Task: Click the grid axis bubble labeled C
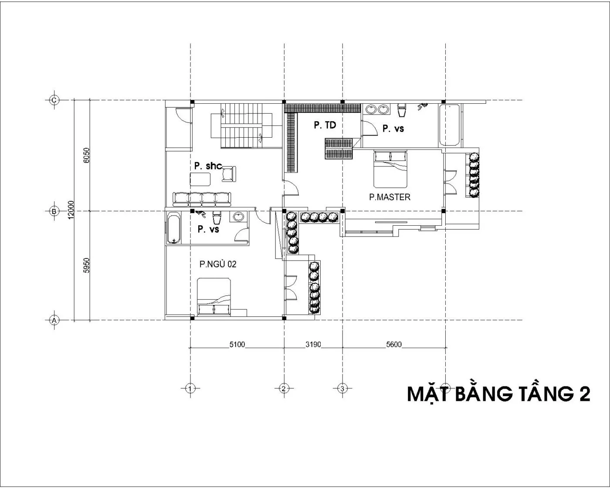point(54,100)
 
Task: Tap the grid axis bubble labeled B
point(54,211)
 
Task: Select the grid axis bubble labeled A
point(54,320)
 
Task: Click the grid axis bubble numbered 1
point(190,388)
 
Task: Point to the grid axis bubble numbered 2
point(284,388)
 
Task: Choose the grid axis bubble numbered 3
point(342,388)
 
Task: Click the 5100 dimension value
point(237,345)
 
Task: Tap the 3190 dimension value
point(313,345)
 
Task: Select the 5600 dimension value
point(394,345)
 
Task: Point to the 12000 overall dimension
point(71,210)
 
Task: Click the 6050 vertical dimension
point(86,156)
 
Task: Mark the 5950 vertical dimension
point(86,265)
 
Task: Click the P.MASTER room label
point(390,197)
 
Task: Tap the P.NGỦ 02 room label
point(218,264)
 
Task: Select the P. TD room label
point(325,125)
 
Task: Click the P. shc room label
point(208,166)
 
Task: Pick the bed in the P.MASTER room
point(390,169)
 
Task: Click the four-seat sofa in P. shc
point(202,200)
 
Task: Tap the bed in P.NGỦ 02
point(214,296)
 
